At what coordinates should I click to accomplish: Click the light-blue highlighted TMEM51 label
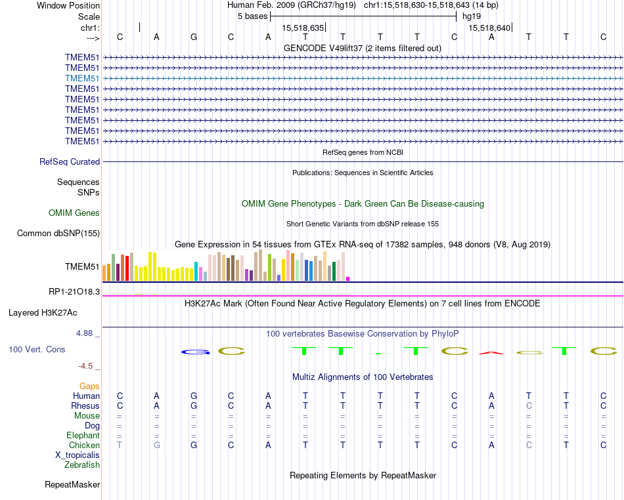[82, 78]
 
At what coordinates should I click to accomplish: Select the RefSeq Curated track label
[70, 161]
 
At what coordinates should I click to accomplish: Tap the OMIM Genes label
[74, 213]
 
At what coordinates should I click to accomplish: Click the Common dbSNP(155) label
[58, 233]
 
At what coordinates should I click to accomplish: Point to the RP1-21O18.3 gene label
[74, 291]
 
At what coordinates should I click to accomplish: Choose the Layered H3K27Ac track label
[43, 312]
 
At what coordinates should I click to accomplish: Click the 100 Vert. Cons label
[37, 350]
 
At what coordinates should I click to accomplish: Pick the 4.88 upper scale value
[85, 333]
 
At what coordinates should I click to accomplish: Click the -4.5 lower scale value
[87, 366]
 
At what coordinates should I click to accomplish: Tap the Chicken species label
[84, 445]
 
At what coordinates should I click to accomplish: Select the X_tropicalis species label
[78, 455]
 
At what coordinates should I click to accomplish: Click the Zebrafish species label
[82, 465]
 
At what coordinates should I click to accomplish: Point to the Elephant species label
[83, 435]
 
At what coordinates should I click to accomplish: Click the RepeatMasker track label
[72, 484]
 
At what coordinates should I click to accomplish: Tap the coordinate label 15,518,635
[303, 28]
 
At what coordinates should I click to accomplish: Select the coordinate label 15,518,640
[489, 28]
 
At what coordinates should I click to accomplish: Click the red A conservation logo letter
[491, 353]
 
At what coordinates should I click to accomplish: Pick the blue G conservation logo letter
[194, 352]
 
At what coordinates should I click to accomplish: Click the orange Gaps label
[89, 386]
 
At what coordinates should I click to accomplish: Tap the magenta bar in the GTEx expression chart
[347, 278]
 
